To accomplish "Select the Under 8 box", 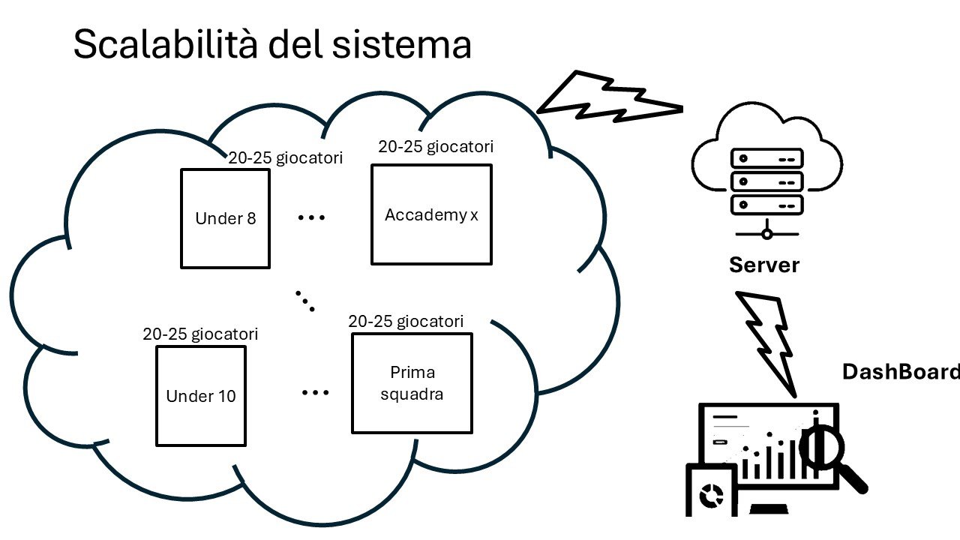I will [225, 218].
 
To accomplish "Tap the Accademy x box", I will [431, 214].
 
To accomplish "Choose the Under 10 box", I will [200, 395].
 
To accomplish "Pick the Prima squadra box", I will [412, 383].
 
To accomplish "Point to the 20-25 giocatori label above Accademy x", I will [436, 147].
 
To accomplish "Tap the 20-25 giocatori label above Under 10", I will [200, 334].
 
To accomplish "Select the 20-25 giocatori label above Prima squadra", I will [406, 321].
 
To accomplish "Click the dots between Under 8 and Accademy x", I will [311, 218].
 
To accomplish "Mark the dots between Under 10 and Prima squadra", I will [316, 392].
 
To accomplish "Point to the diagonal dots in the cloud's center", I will [304, 300].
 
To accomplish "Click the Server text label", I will [764, 265].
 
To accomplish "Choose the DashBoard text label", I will [900, 372].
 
